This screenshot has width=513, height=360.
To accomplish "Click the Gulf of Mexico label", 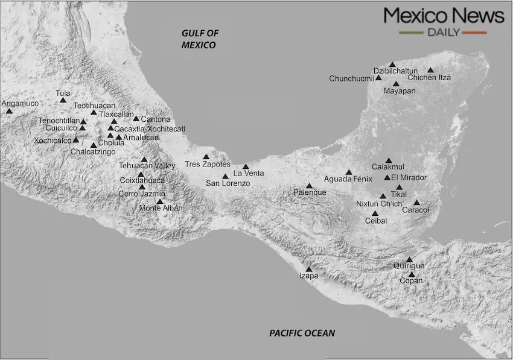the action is click(199, 39).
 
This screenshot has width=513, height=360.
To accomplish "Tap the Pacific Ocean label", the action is click(302, 333).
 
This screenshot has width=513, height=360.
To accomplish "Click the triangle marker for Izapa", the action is click(309, 269).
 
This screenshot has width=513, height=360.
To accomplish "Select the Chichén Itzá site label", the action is click(429, 78).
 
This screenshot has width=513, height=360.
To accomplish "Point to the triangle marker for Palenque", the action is click(310, 186).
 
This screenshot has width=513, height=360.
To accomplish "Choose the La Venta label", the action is click(249, 174).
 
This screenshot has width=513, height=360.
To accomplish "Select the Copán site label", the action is click(411, 281).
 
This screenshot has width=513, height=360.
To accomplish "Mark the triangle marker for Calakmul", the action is click(389, 160).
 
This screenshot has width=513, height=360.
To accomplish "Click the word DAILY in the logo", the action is click(444, 32).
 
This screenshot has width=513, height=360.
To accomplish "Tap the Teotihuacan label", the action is click(94, 106).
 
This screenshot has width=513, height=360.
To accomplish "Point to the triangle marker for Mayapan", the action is click(396, 84).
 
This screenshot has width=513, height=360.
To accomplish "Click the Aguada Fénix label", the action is click(346, 180).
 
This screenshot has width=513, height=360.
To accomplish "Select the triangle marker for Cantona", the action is click(136, 119).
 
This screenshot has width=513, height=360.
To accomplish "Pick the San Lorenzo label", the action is click(228, 183).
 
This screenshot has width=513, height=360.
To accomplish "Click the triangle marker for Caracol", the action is click(416, 203).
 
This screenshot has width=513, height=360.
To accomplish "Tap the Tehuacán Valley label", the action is click(147, 166).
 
